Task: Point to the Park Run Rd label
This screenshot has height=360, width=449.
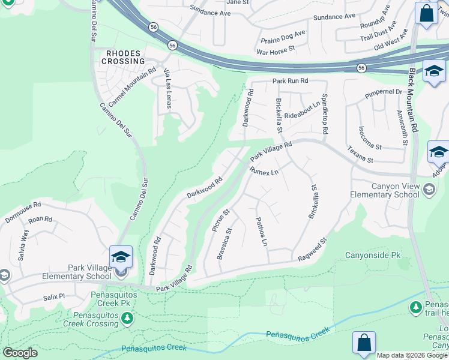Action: click(290, 80)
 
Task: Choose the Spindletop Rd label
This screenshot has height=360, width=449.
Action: click(325, 113)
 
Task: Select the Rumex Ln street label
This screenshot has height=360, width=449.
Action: click(265, 172)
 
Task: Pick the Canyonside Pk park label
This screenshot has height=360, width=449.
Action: click(372, 255)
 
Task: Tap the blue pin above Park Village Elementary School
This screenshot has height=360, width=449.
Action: click(121, 257)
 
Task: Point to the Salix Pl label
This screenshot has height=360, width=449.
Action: click(58, 297)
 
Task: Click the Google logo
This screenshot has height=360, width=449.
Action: click(20, 353)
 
